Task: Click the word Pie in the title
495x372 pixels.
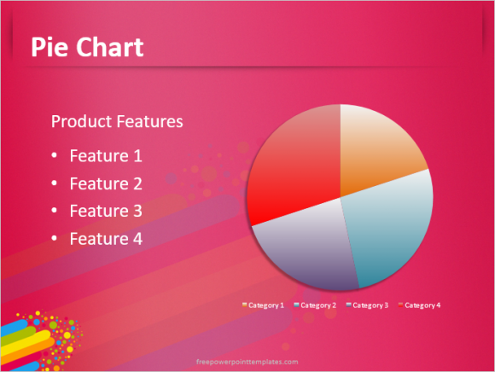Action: pyautogui.click(x=49, y=47)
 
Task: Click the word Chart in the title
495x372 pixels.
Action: pyautogui.click(x=110, y=47)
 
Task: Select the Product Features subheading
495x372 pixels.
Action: pyautogui.click(x=117, y=121)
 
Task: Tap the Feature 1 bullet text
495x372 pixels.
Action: pyautogui.click(x=106, y=156)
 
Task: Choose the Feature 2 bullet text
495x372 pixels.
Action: pyautogui.click(x=106, y=183)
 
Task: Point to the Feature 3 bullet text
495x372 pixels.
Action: pyautogui.click(x=106, y=211)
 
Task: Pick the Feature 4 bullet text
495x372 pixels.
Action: pyautogui.click(x=106, y=239)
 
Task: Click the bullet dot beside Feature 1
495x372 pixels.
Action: pyautogui.click(x=55, y=155)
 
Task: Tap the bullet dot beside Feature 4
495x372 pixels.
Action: pyautogui.click(x=55, y=238)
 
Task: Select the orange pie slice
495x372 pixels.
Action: pyautogui.click(x=376, y=148)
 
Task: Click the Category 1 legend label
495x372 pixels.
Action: pyautogui.click(x=266, y=305)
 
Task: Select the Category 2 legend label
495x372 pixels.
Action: pyautogui.click(x=318, y=305)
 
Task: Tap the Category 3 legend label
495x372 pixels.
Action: pyautogui.click(x=370, y=305)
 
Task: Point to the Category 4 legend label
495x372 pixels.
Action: pyautogui.click(x=422, y=305)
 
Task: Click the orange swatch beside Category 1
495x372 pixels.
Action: pyautogui.click(x=245, y=305)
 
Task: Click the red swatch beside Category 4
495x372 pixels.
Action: pyautogui.click(x=400, y=305)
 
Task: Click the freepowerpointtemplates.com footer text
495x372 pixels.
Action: pyautogui.click(x=247, y=362)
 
